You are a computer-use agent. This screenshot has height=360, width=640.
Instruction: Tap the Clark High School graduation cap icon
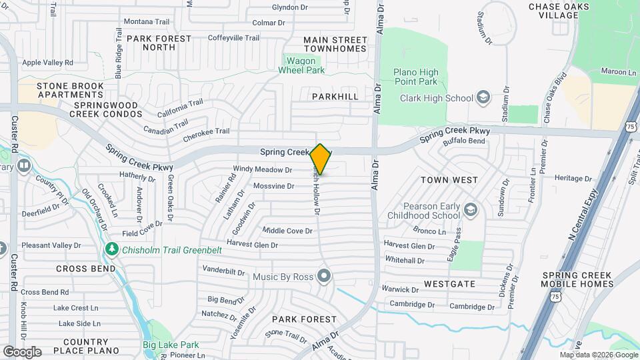tap(483, 98)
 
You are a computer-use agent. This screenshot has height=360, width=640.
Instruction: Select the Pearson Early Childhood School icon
tap(471, 211)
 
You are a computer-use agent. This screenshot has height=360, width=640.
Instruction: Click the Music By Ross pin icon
tap(324, 275)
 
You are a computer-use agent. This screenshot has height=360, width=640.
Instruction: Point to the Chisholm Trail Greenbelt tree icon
tap(112, 249)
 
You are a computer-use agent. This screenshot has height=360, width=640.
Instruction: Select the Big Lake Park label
tap(171, 345)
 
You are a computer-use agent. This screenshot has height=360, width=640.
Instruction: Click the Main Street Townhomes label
tap(335, 44)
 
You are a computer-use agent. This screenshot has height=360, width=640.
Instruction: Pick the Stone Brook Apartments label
tap(70, 91)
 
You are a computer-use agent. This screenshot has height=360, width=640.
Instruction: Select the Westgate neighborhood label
tap(449, 284)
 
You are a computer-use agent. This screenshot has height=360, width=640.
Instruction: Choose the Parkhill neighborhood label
tap(335, 97)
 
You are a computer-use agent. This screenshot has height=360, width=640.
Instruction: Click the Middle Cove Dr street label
tap(287, 231)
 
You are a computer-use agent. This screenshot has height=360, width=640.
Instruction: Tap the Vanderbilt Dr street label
tap(225, 271)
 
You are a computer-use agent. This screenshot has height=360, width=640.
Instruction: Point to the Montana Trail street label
tap(148, 21)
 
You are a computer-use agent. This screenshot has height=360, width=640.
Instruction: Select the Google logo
tap(22, 351)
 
